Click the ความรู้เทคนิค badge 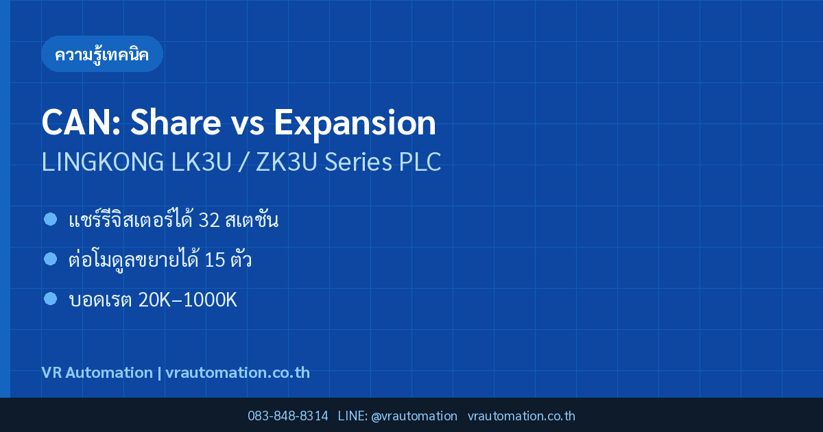[102, 54]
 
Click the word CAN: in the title [81, 122]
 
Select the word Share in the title [176, 122]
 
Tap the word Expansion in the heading [355, 125]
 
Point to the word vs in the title [248, 125]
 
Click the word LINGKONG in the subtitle [102, 162]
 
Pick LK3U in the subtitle [202, 162]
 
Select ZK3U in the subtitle [286, 162]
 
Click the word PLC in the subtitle [420, 162]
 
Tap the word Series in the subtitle [358, 162]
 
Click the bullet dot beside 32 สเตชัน [50, 219]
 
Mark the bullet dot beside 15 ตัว [50, 259]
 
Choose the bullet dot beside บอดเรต [50, 299]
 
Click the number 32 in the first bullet [209, 220]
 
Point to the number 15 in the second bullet [215, 260]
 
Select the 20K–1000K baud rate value [188, 300]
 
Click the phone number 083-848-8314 [287, 416]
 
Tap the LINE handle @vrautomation [414, 416]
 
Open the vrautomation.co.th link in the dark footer [521, 416]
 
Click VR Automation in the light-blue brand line [97, 372]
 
